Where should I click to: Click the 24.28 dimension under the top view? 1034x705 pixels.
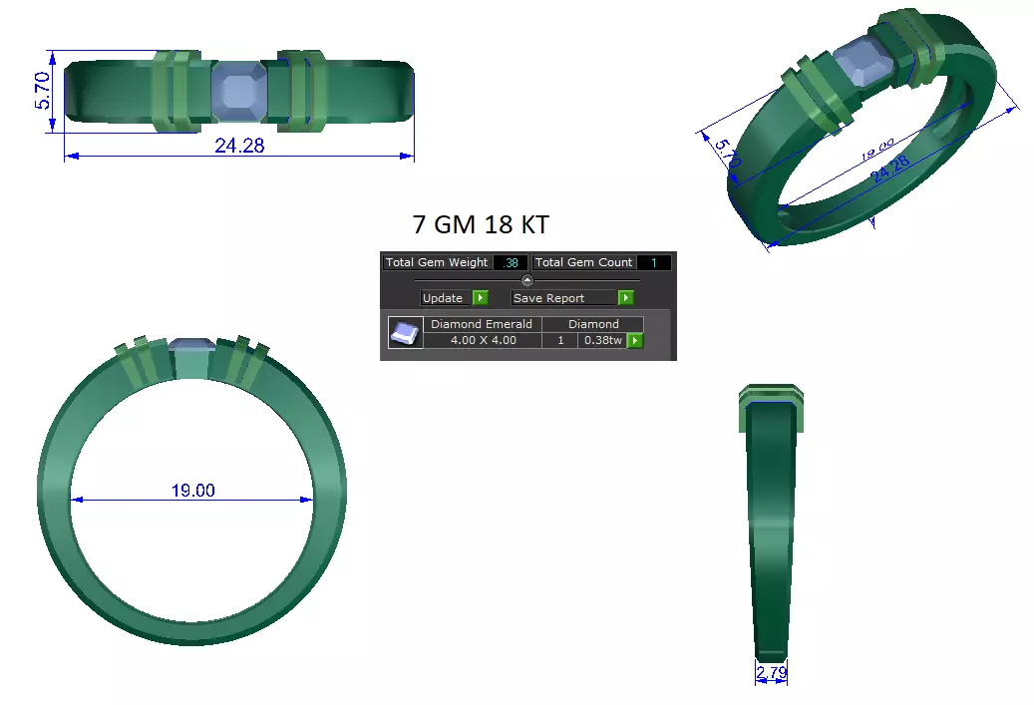coord(239,145)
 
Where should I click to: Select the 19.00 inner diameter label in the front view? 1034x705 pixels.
coord(192,490)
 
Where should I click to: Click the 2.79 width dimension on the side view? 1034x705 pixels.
coord(771,674)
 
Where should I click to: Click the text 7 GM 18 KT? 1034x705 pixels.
coord(480,222)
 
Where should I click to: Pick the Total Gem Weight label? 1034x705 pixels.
coord(437,262)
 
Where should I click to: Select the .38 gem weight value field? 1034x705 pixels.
coord(511,262)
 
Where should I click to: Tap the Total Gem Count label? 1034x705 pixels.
coord(584,262)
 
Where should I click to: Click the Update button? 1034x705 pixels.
coord(443,297)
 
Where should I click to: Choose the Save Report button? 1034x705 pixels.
coord(562,297)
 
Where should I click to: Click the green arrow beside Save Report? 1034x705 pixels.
coord(625,297)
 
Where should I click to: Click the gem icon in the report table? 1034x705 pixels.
coord(404,332)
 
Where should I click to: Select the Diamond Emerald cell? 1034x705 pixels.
coord(482,324)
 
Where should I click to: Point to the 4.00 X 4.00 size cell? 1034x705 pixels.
coord(482,340)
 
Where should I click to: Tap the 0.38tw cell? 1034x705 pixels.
coord(602,340)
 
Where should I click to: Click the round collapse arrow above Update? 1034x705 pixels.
coord(527,280)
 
